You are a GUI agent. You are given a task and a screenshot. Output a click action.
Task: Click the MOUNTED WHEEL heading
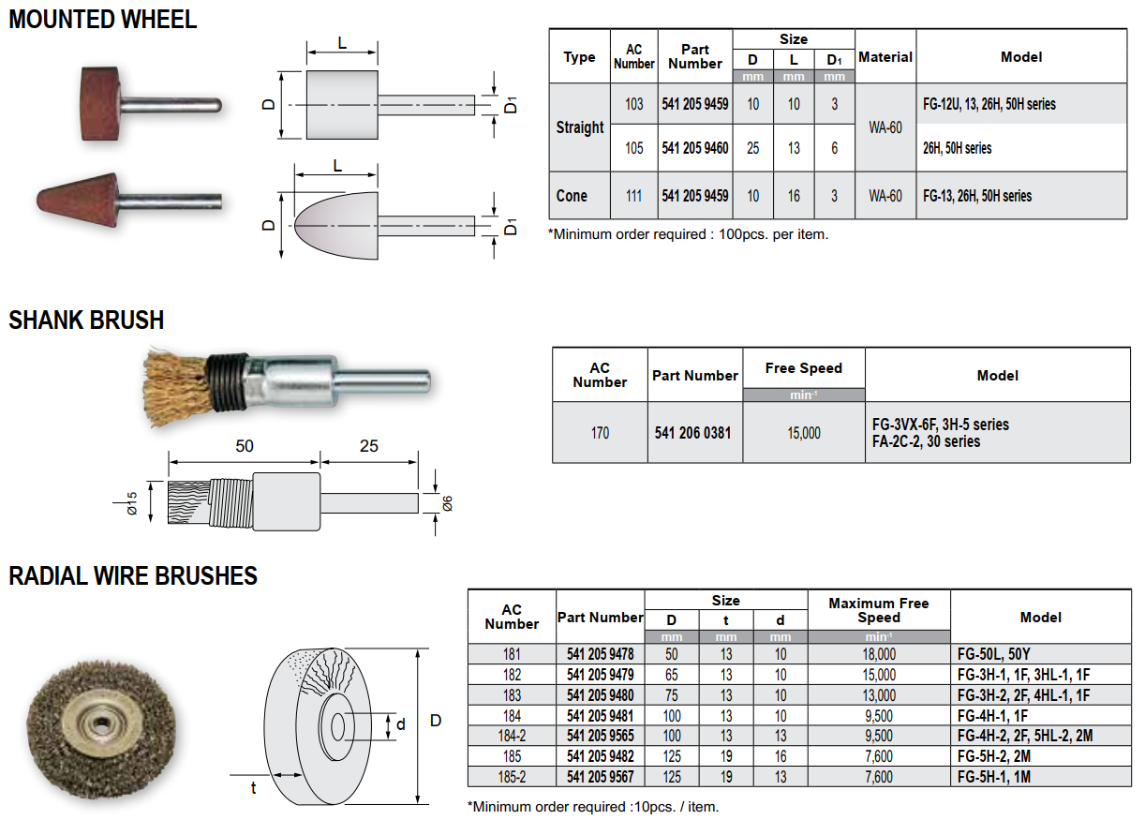pos(103,20)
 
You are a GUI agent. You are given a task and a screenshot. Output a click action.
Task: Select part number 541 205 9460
pos(694,148)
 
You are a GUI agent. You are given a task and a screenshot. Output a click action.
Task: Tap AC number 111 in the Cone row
pos(633,196)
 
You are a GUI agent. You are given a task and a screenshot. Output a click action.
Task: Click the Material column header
pos(885,57)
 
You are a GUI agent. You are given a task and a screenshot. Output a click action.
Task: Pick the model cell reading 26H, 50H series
pos(957,148)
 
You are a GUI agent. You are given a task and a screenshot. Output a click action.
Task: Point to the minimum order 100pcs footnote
pos(688,234)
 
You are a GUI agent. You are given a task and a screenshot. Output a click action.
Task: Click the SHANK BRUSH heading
pos(86,321)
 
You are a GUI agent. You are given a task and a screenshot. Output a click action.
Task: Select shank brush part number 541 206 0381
pos(692,433)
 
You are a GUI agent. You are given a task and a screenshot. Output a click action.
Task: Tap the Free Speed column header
pos(804,368)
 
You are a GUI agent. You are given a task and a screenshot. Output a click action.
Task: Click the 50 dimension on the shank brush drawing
pos(244,446)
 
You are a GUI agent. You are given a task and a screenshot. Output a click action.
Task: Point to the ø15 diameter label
pos(132,503)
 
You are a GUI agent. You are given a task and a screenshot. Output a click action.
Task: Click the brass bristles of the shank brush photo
pos(176,387)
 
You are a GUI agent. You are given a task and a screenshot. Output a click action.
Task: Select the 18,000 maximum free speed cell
pos(879,654)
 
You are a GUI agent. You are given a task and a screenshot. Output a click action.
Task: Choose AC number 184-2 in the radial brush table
pos(512,736)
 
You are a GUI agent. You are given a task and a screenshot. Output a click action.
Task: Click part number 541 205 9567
pos(600,777)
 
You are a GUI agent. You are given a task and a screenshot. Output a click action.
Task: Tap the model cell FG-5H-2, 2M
pos(994,756)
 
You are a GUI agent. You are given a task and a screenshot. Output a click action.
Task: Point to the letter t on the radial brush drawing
pos(253,788)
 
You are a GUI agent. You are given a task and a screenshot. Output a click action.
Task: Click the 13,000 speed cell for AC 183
pos(879,695)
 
